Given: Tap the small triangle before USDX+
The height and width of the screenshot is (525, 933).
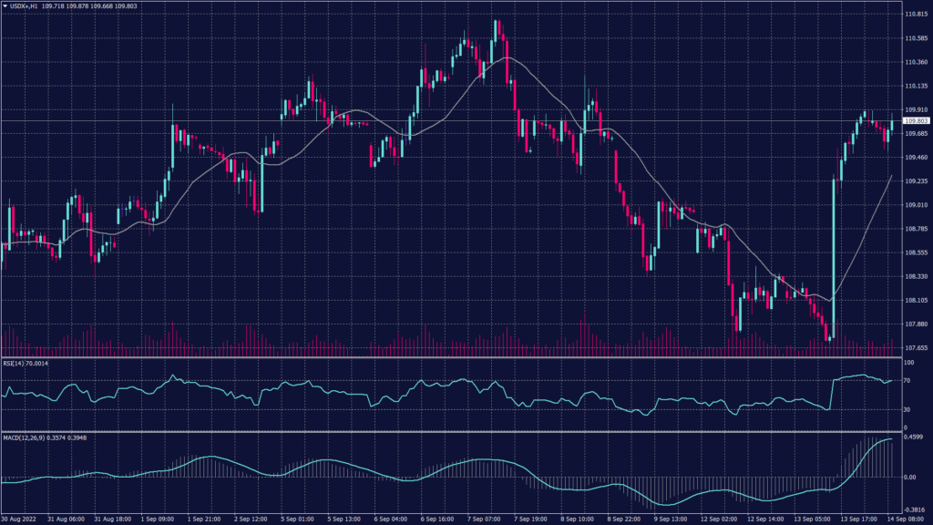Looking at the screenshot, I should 5,6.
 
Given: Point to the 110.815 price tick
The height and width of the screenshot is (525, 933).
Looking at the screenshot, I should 915,15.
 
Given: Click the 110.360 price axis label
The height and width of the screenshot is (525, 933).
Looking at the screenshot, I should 915,62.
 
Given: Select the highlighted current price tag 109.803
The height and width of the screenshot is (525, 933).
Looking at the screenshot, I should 916,120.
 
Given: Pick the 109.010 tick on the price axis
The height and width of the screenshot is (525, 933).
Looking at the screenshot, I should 915,205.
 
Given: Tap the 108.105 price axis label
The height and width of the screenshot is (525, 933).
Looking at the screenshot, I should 915,300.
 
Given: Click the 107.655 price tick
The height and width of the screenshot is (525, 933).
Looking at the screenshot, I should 915,347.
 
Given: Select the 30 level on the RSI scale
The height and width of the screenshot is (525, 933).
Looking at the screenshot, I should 907,409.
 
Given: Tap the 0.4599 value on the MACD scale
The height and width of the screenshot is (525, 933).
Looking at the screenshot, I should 913,437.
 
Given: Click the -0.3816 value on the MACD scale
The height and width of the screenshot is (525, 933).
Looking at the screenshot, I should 913,510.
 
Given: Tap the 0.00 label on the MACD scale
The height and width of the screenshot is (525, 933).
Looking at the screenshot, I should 910,477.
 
